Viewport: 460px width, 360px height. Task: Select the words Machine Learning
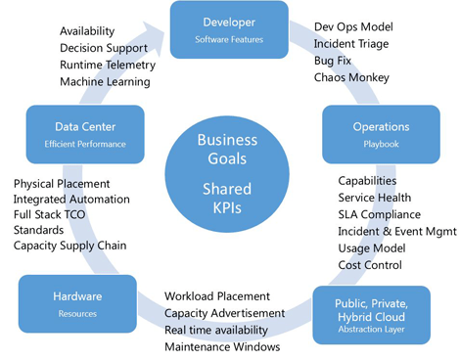105,81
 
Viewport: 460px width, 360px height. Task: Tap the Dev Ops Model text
354,27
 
